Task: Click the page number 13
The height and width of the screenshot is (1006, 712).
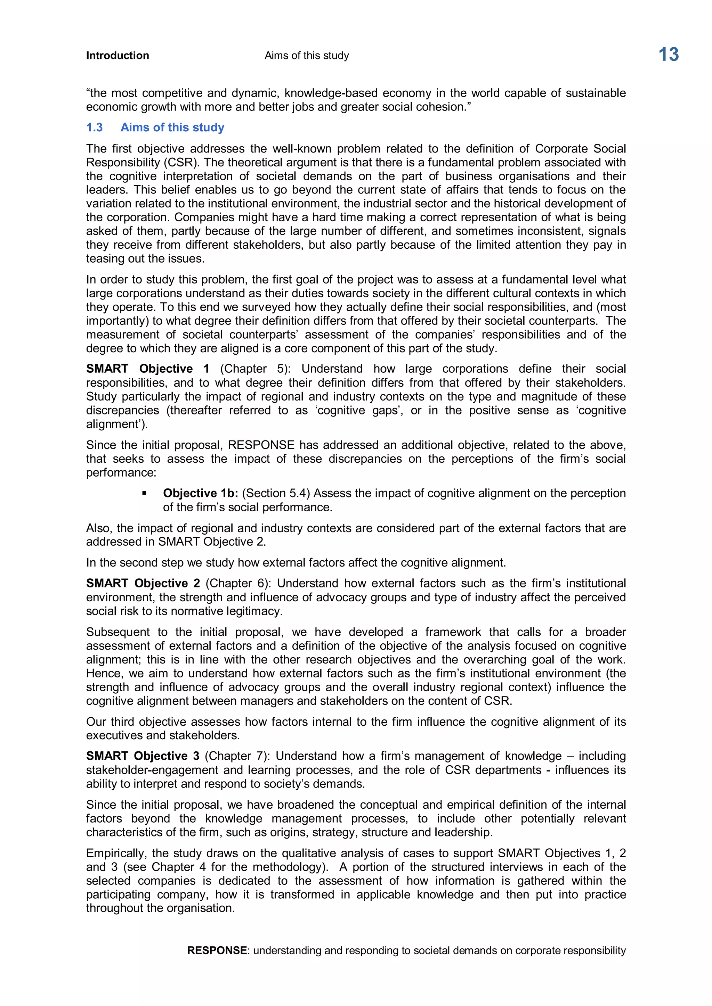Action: pos(668,55)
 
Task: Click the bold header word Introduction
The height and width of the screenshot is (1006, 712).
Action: pos(118,56)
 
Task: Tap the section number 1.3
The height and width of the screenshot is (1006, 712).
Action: pos(94,127)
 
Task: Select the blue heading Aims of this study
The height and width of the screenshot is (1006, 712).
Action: pos(172,127)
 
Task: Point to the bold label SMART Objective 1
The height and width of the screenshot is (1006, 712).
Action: pos(147,369)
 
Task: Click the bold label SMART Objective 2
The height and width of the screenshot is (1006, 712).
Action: pos(143,584)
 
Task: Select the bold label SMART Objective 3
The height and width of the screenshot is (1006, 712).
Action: pos(143,756)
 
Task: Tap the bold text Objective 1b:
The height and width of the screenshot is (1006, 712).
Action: pos(200,493)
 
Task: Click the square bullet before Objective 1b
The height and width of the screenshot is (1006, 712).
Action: pos(144,493)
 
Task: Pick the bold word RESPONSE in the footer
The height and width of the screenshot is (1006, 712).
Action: pos(217,950)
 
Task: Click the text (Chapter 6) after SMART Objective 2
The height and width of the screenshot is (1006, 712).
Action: pos(238,584)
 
